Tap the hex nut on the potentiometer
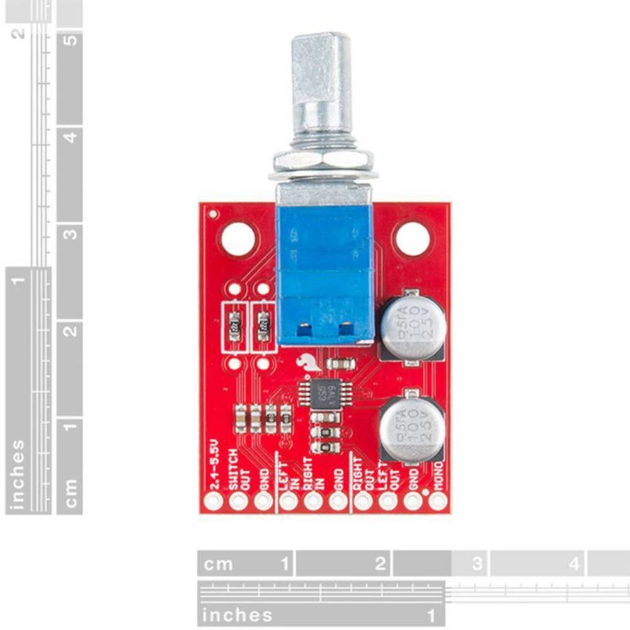coord(323,161)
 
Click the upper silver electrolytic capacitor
coord(413,328)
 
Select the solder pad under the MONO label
coord(437,501)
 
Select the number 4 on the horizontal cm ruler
coord(573,563)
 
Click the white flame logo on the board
coord(307,362)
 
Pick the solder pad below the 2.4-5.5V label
coord(214,501)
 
